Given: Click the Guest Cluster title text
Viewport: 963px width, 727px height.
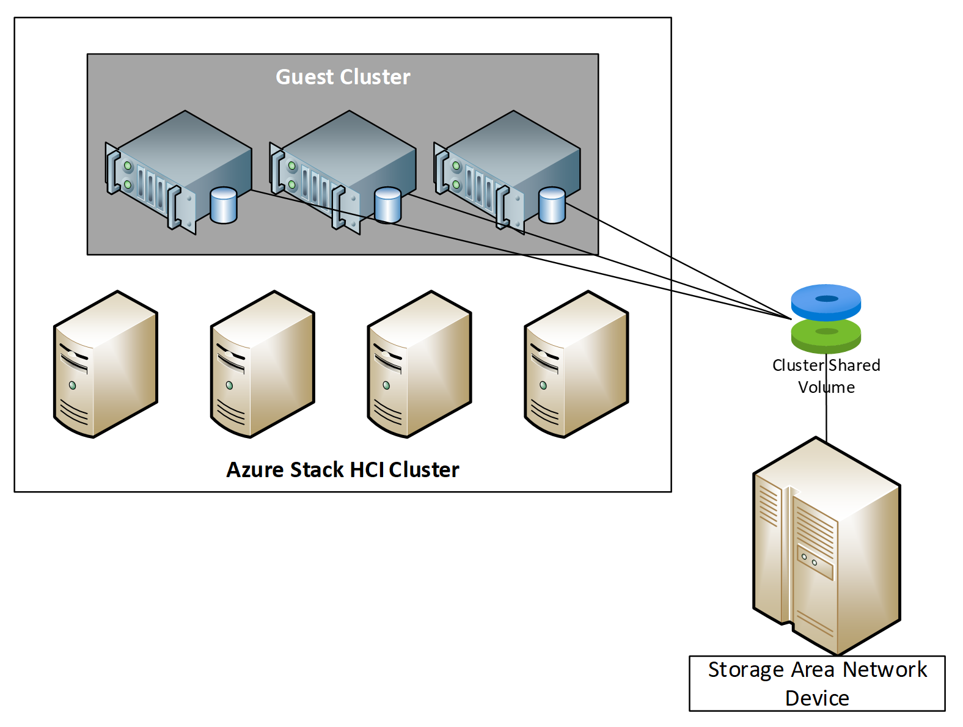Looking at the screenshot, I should click(x=343, y=77).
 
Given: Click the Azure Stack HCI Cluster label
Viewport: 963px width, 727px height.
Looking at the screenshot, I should click(x=342, y=469).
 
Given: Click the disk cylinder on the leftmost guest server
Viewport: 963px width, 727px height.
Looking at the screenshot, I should click(x=224, y=205).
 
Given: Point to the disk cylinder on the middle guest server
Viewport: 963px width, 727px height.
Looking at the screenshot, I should click(x=388, y=205).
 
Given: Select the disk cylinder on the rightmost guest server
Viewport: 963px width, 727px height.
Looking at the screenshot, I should click(x=552, y=205).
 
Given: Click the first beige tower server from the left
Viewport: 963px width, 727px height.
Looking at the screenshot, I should click(x=106, y=365).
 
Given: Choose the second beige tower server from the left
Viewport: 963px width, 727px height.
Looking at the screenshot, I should click(x=263, y=365).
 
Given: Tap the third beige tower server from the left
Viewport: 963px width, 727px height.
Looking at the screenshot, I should click(x=419, y=365).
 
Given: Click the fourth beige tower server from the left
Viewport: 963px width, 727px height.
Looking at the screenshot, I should click(x=576, y=365).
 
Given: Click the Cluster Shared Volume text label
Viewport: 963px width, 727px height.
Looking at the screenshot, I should click(x=826, y=376).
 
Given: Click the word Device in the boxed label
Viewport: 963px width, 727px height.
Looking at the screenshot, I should click(x=817, y=698).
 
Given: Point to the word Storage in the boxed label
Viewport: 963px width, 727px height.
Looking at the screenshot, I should click(x=745, y=670).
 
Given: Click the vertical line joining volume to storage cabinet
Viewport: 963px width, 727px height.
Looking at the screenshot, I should click(x=827, y=415).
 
